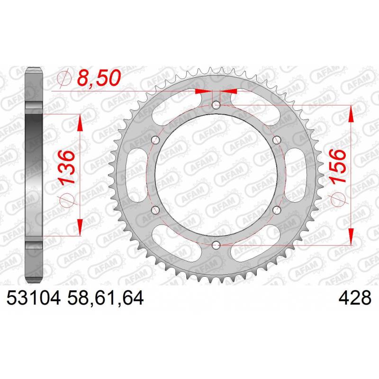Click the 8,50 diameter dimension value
pyautogui.click(x=99, y=78)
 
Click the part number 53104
pyautogui.click(x=33, y=298)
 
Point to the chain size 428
pyautogui.click(x=355, y=298)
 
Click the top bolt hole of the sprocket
pyautogui.click(x=216, y=105)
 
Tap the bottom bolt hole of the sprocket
pyautogui.click(x=216, y=245)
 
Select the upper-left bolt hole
pyautogui.click(x=155, y=140)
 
